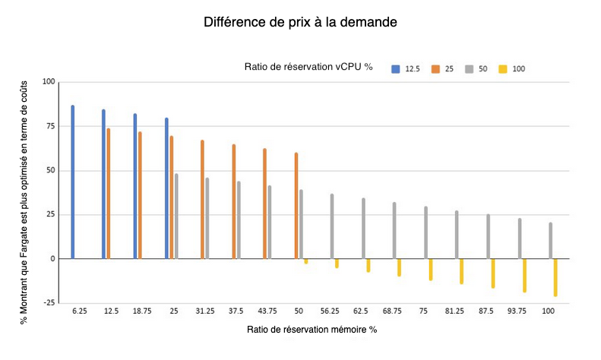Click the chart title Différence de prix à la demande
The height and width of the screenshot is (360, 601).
click(300, 22)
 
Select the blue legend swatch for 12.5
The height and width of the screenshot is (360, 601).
click(395, 69)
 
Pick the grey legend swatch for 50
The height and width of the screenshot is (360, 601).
click(470, 69)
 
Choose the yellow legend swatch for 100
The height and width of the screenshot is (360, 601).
click(502, 69)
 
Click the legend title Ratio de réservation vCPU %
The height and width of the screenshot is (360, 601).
click(308, 68)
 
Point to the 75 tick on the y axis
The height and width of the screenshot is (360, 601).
click(49, 126)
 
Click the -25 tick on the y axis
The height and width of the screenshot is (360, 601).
click(48, 303)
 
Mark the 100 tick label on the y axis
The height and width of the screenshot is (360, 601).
click(48, 82)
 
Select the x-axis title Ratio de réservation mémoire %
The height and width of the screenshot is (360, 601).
click(312, 330)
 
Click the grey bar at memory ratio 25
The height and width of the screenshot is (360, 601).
click(176, 216)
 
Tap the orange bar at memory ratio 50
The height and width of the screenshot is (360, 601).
click(296, 206)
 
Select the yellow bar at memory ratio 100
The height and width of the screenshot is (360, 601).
click(555, 277)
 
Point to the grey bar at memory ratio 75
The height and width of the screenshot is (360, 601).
click(425, 232)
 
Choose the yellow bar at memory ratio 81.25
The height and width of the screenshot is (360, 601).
click(461, 271)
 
